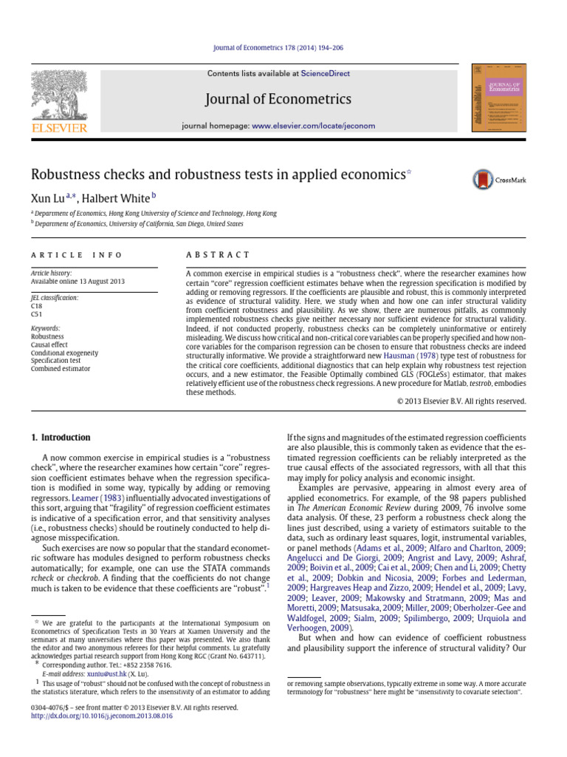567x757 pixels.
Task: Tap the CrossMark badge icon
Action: coord(499,179)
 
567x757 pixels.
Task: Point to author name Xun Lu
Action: coord(47,197)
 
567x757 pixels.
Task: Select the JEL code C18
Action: coord(36,305)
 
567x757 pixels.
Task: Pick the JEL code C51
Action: coord(36,313)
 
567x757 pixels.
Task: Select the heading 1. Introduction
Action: coord(61,437)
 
